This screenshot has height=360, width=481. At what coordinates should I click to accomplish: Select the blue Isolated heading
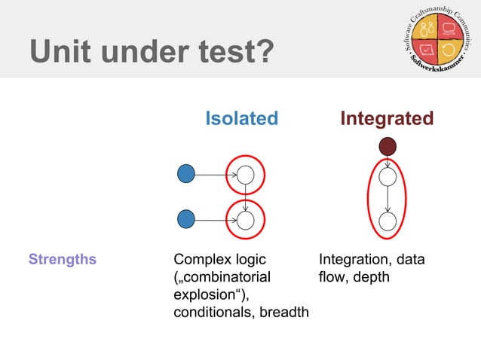pos(242,118)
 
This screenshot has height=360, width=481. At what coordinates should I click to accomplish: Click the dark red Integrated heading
pos(387,118)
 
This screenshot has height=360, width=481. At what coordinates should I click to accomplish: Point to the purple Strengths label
pos(63,260)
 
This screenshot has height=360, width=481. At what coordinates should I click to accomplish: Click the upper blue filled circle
pos(185,174)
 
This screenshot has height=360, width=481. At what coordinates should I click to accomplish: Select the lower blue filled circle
pos(185,220)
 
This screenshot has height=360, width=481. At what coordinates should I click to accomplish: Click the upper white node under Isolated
pos(246,175)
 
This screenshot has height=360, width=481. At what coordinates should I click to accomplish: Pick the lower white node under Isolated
pos(246,220)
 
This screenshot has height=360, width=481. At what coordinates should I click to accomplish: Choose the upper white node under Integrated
pos(388,178)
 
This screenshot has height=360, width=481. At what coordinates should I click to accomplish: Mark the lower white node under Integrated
pos(388,221)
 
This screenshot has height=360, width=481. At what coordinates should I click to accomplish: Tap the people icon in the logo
pos(427,31)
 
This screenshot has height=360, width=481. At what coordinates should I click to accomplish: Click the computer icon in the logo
pos(451,31)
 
